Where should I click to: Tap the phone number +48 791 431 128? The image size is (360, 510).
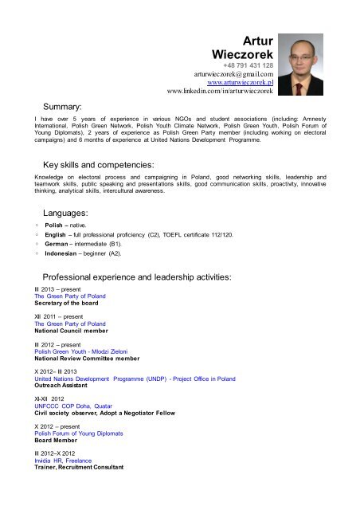(x=248, y=65)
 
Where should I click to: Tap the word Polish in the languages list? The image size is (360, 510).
(x=56, y=226)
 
